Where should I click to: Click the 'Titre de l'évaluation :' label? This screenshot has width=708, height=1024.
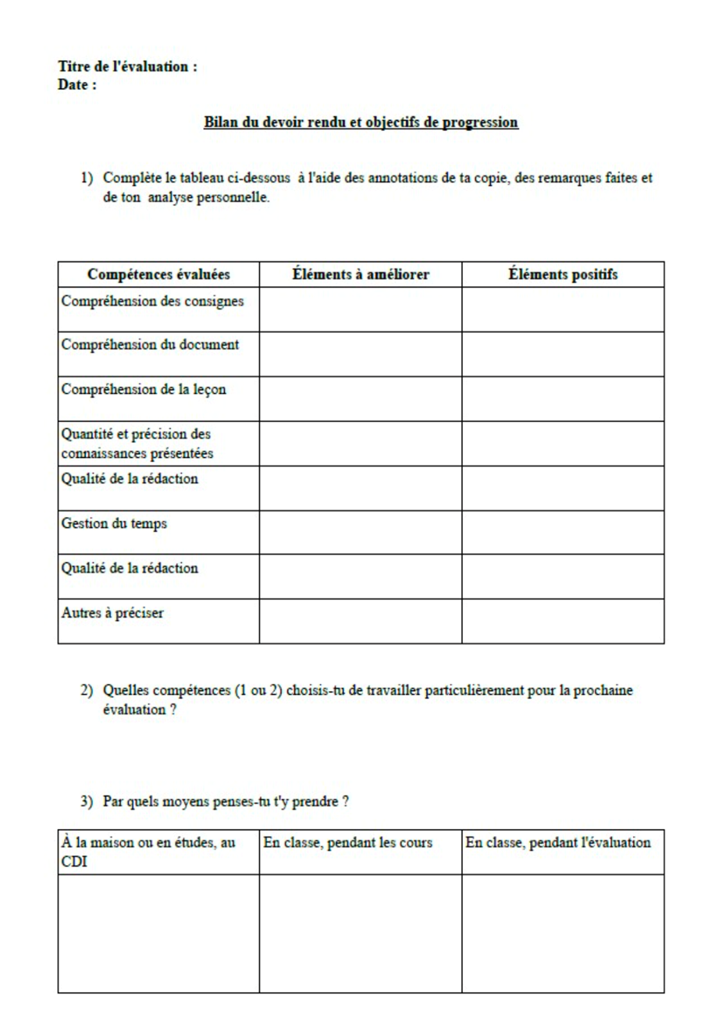pyautogui.click(x=128, y=67)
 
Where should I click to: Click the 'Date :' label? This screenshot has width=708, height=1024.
pyautogui.click(x=77, y=85)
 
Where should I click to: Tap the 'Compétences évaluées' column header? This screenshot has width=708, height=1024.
pyautogui.click(x=158, y=275)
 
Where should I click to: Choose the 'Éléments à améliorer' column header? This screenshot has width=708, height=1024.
pyautogui.click(x=361, y=275)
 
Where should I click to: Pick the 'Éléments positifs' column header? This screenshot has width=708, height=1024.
pyautogui.click(x=563, y=275)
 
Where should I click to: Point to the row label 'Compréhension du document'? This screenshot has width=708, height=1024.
pyautogui.click(x=150, y=345)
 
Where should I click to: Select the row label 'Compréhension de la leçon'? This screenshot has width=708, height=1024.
pyautogui.click(x=144, y=390)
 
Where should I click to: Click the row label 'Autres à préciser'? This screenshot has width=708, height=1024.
pyautogui.click(x=113, y=613)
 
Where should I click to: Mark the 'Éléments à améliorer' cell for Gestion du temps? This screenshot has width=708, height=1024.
pyautogui.click(x=361, y=532)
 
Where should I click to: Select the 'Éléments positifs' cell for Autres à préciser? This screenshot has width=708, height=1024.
pyautogui.click(x=563, y=621)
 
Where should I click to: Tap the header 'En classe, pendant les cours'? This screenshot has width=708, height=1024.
pyautogui.click(x=348, y=843)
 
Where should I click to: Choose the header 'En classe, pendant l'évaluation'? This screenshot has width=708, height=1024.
pyautogui.click(x=558, y=843)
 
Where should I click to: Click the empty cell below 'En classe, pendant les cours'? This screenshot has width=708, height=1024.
pyautogui.click(x=361, y=933)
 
